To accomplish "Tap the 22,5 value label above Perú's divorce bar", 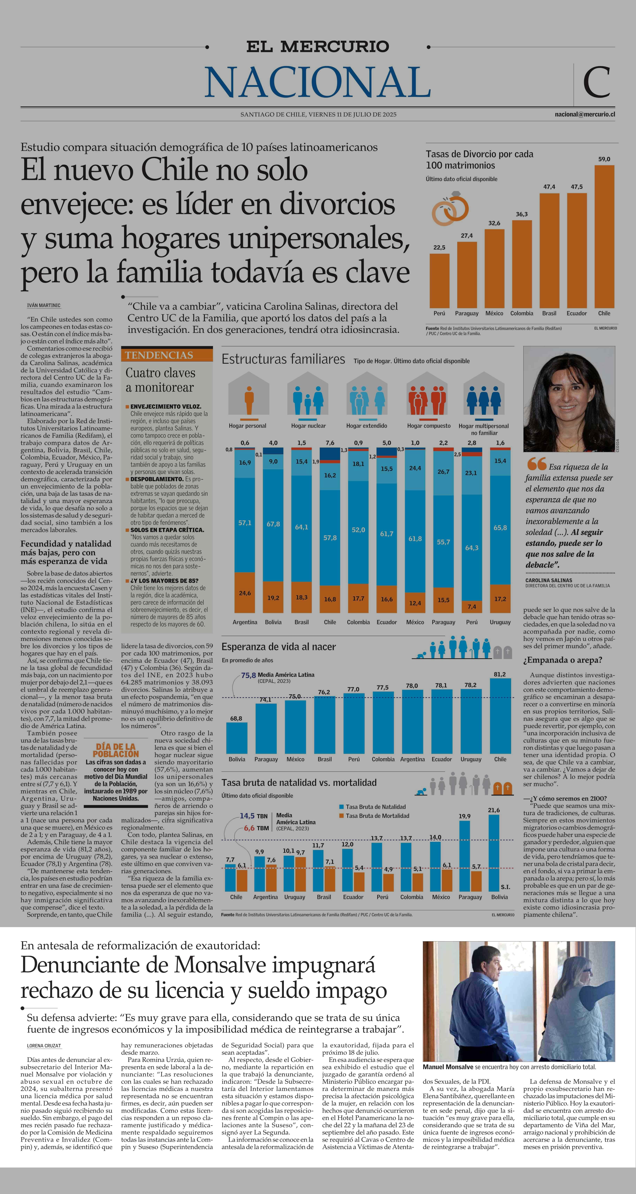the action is (439, 248).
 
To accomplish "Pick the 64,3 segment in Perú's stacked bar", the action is (472, 548).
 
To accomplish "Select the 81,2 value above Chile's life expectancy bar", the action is (500, 674).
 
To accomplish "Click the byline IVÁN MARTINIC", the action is (44, 305).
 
